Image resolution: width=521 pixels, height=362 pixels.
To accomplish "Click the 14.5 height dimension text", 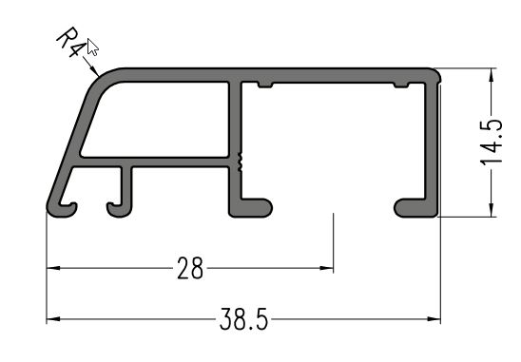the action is pyautogui.click(x=492, y=143).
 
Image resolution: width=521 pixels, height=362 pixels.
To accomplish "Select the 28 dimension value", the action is pyautogui.click(x=190, y=268).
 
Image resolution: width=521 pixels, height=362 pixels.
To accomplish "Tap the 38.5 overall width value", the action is pyautogui.click(x=243, y=319).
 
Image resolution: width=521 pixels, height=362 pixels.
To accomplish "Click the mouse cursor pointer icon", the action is pyautogui.click(x=92, y=47).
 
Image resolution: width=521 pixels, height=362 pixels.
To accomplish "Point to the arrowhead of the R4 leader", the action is pyautogui.click(x=95, y=72).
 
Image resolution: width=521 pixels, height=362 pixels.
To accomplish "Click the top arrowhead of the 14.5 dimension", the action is pyautogui.click(x=491, y=75).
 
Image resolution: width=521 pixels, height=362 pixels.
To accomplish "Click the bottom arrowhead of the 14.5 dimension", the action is pyautogui.click(x=491, y=210).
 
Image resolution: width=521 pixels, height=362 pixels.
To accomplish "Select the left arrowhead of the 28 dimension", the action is pyautogui.click(x=53, y=268).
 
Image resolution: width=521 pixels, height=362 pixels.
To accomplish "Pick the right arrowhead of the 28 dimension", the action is pyautogui.click(x=327, y=268).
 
